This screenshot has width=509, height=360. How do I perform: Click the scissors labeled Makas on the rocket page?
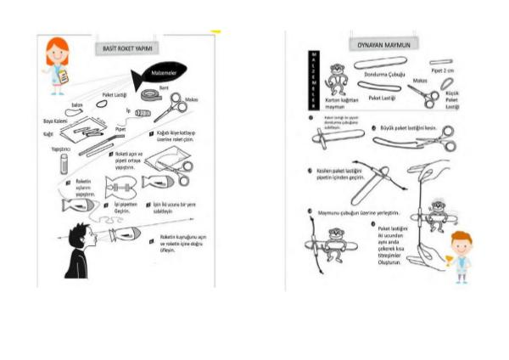(171, 110)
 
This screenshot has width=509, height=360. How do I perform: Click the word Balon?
(76, 104)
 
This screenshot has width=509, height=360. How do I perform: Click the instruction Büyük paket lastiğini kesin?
(408, 128)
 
